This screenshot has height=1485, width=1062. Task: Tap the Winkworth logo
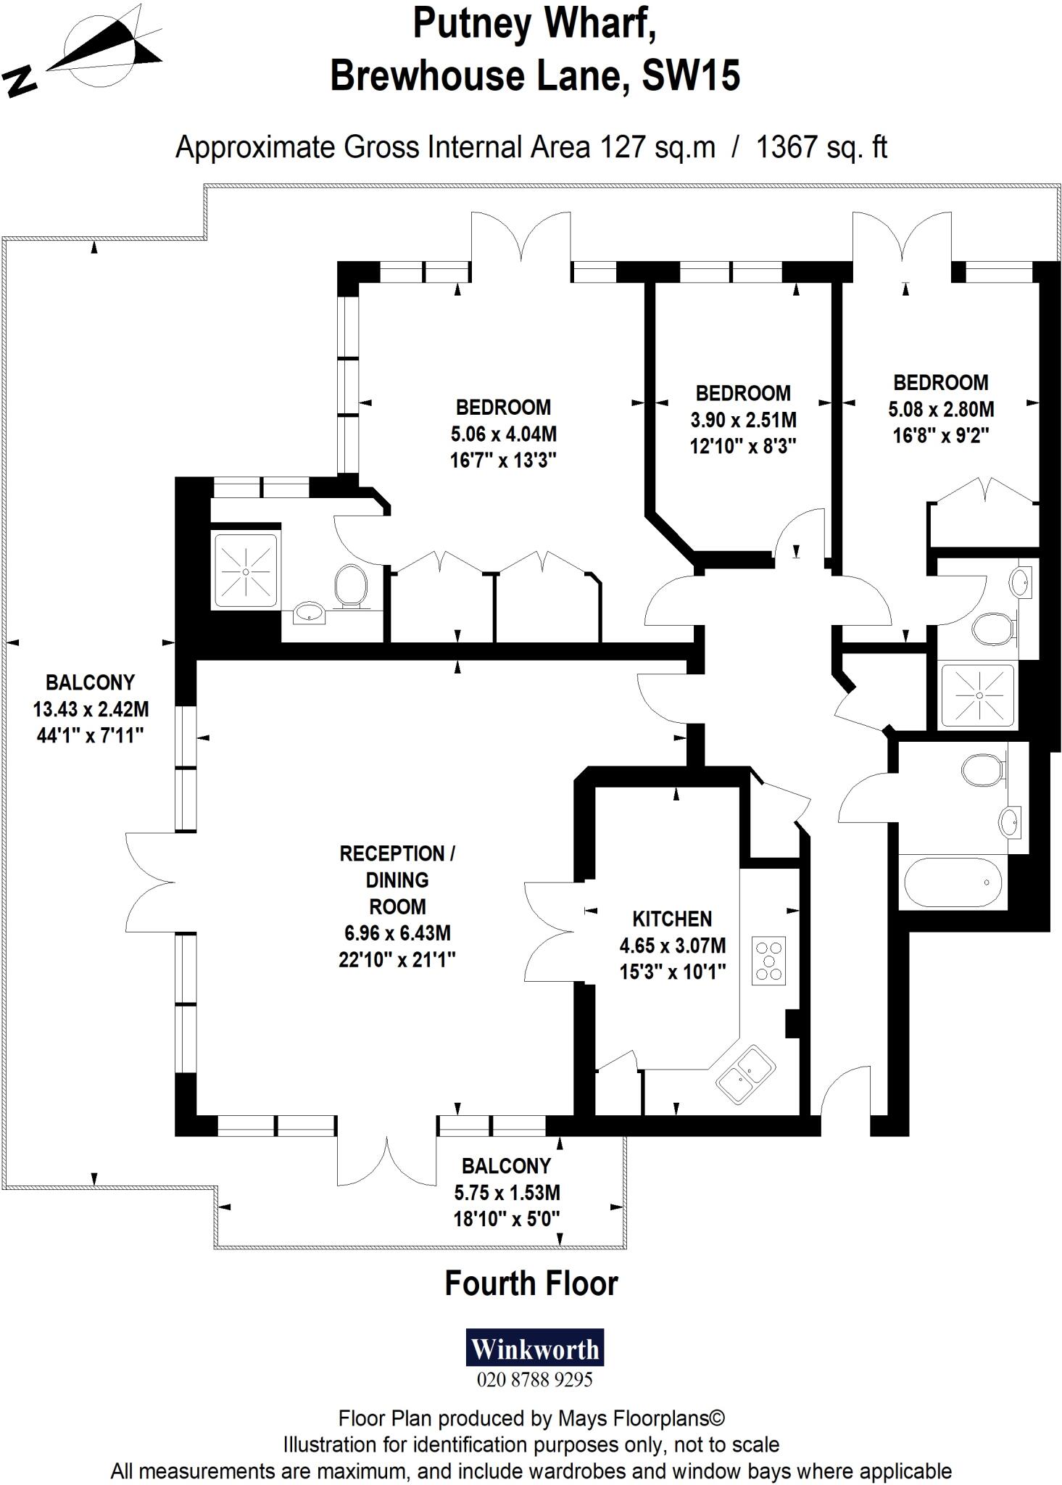[534, 1349]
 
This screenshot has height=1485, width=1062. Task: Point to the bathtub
[952, 882]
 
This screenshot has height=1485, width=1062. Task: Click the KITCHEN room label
[672, 919]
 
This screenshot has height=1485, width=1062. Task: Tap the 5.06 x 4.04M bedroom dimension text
[504, 434]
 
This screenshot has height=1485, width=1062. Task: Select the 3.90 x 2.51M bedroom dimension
[743, 419]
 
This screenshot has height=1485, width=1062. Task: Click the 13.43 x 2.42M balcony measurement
[91, 708]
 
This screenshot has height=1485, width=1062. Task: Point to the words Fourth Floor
[531, 1283]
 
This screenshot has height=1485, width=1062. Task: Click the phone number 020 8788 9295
[534, 1379]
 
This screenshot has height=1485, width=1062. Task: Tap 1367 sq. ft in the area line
[821, 147]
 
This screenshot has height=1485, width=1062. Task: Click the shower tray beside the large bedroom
[245, 571]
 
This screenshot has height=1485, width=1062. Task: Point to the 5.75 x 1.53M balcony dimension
[507, 1192]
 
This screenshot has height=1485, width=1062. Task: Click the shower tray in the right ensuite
[978, 695]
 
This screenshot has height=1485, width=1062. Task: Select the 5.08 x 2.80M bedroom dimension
[941, 409]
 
